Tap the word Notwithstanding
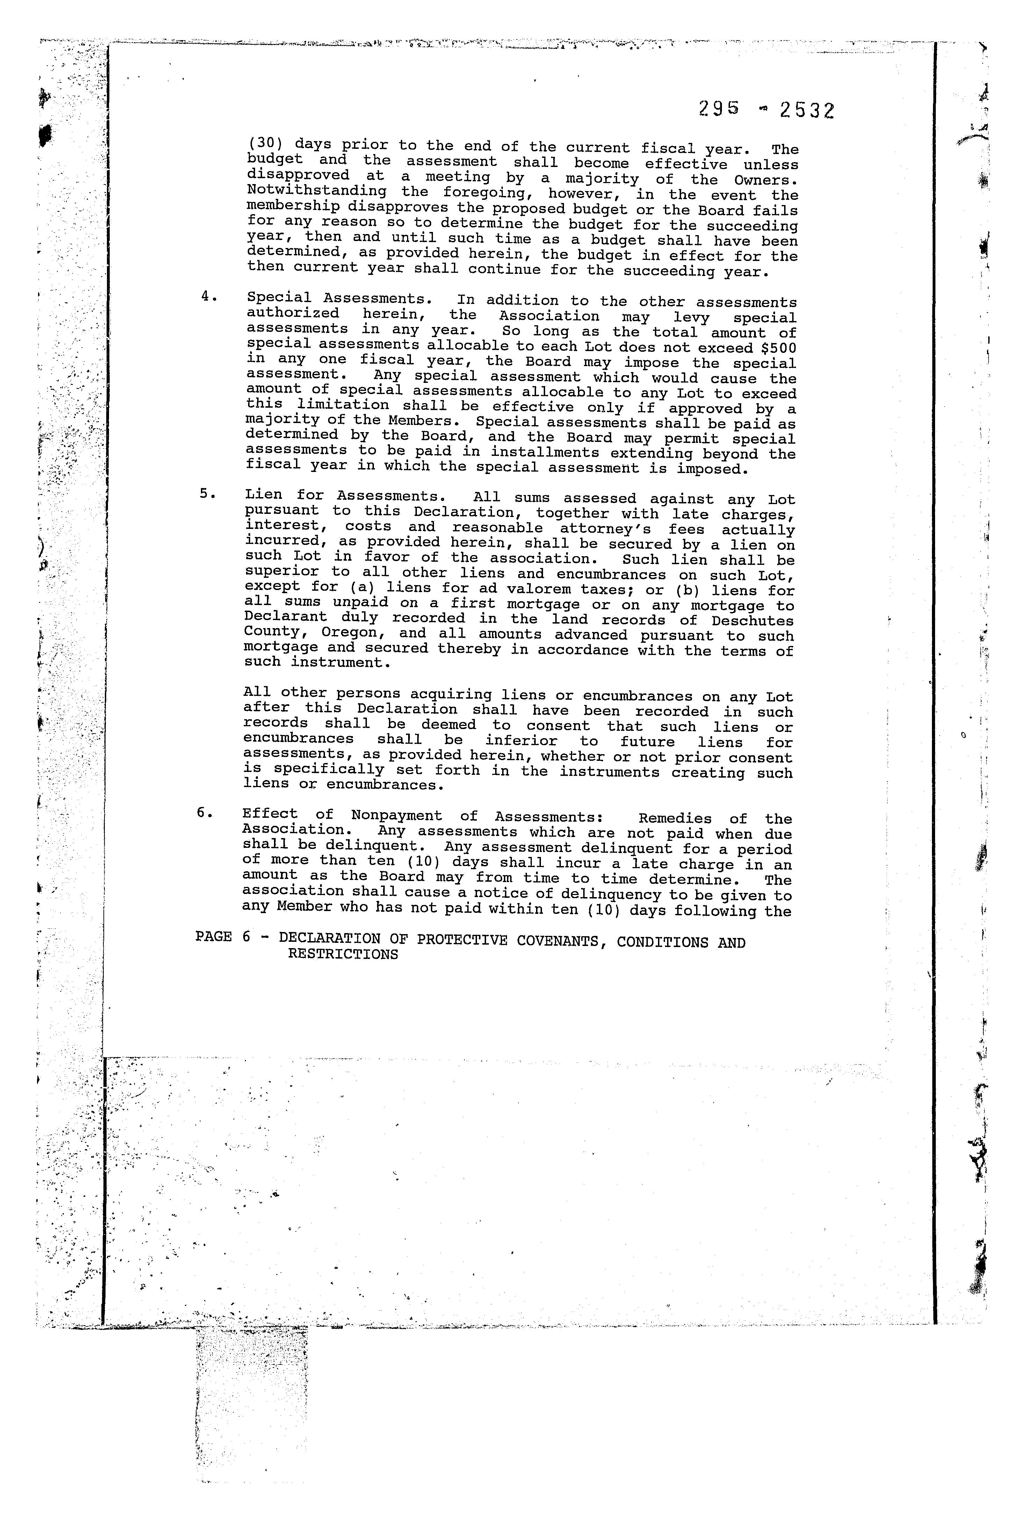317,192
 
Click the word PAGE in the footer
214,937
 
